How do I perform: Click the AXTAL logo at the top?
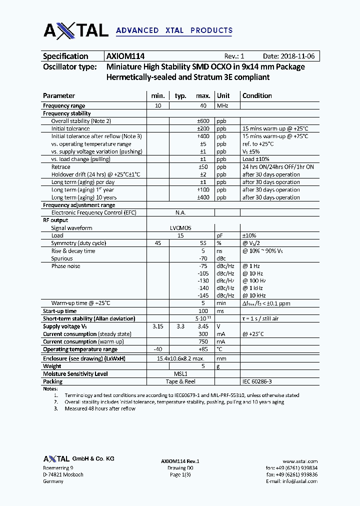click(x=75, y=30)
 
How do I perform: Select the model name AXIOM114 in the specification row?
click(x=125, y=56)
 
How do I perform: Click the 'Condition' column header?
click(x=257, y=95)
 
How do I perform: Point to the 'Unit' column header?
click(x=223, y=95)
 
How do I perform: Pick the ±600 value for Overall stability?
click(x=202, y=121)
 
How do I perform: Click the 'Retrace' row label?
click(x=61, y=167)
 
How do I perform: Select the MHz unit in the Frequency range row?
click(x=221, y=105)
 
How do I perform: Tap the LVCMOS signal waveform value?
click(x=180, y=228)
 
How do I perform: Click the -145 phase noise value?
click(x=202, y=296)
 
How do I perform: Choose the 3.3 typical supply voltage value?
click(x=180, y=326)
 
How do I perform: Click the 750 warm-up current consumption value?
click(x=203, y=342)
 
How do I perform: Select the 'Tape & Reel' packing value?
click(x=180, y=381)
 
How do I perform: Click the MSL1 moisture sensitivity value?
click(x=180, y=374)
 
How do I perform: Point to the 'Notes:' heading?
click(x=50, y=388)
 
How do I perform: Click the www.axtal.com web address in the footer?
click(x=300, y=461)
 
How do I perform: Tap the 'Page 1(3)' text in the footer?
click(x=180, y=474)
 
